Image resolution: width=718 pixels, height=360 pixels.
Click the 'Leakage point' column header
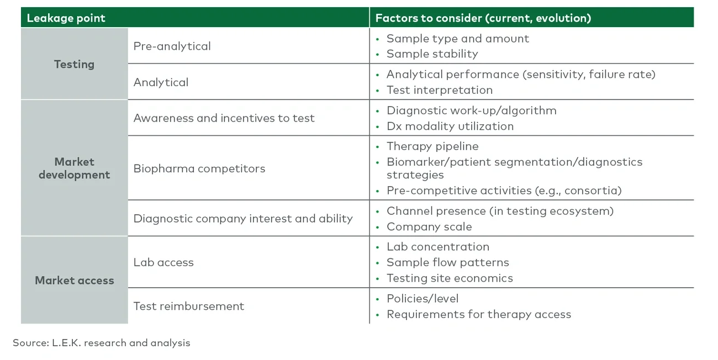click(66, 18)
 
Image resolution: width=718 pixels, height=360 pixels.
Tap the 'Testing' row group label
click(74, 64)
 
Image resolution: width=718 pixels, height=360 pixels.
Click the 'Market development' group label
click(74, 168)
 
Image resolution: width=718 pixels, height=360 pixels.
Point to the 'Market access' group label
click(74, 280)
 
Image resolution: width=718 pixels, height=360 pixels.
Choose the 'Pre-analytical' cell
click(172, 46)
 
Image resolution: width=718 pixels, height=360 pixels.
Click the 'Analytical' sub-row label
click(161, 82)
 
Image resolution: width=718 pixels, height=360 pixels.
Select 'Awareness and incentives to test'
click(224, 118)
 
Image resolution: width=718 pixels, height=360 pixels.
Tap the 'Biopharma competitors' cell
click(199, 168)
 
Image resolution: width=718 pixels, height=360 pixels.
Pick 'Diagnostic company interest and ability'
click(242, 219)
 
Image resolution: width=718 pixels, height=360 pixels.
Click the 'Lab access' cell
click(163, 262)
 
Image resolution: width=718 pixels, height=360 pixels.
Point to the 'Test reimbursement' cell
click(188, 306)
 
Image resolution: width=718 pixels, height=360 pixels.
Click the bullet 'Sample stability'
click(432, 54)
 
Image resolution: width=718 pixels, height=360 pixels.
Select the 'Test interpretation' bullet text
click(439, 90)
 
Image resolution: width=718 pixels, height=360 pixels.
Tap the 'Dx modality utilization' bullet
click(450, 126)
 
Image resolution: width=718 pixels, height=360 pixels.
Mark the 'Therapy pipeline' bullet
click(432, 146)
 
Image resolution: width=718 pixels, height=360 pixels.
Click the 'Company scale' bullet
click(429, 227)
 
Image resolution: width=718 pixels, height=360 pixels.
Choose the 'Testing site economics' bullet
click(449, 278)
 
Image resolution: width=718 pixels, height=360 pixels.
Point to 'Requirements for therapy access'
click(478, 314)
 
